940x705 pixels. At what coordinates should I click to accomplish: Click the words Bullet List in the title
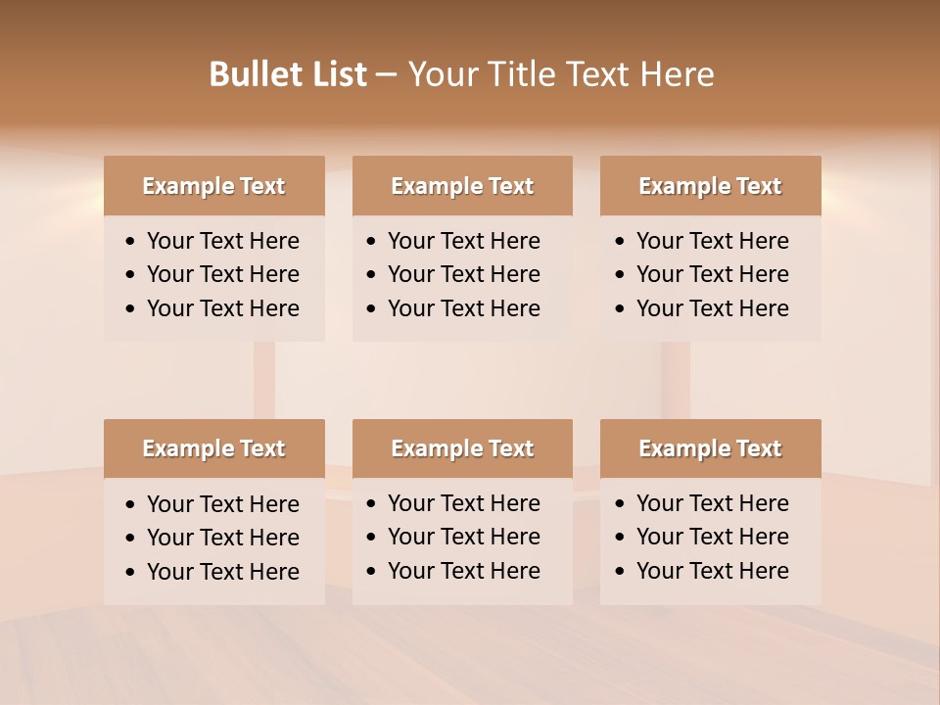(x=288, y=74)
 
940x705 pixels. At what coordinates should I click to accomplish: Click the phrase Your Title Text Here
(x=560, y=74)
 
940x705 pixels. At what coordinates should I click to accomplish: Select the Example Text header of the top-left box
(x=213, y=186)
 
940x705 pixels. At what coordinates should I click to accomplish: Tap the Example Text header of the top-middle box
(x=462, y=186)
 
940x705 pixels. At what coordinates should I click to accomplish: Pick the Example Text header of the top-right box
(x=710, y=186)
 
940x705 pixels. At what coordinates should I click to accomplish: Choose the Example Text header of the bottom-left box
(x=213, y=448)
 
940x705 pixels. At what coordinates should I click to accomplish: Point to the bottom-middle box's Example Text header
(x=462, y=448)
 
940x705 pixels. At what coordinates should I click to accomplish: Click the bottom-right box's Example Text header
(x=710, y=448)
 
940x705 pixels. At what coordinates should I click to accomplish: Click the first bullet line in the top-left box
(x=223, y=241)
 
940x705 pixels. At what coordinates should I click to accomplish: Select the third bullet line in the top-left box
(x=223, y=308)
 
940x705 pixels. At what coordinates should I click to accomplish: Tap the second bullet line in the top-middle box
(x=464, y=274)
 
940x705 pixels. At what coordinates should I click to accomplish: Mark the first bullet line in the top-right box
(x=713, y=241)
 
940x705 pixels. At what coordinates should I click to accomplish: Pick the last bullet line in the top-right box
(x=713, y=308)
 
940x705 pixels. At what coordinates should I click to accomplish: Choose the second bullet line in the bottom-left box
(x=223, y=538)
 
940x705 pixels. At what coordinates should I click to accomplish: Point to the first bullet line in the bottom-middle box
(x=464, y=503)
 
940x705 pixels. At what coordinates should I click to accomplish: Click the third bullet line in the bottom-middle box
(x=464, y=571)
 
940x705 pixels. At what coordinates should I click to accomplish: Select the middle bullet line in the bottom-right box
(x=713, y=537)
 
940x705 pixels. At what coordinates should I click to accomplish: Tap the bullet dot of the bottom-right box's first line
(x=620, y=504)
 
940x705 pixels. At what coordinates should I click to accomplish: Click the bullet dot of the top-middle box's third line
(x=371, y=309)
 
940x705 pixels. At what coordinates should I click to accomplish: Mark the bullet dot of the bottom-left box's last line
(x=130, y=573)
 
